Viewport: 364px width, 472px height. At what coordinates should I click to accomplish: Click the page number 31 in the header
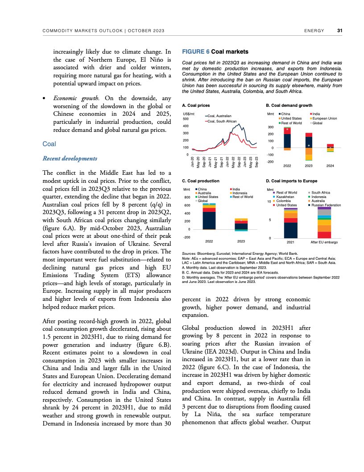click(x=339, y=31)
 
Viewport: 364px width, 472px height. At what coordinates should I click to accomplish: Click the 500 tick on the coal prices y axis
click(x=186, y=119)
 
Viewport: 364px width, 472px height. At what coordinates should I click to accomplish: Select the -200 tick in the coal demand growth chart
click(x=270, y=161)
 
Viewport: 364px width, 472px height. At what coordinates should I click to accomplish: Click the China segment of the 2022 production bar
click(x=209, y=220)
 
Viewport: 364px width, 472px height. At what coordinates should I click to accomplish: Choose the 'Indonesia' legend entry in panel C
click(x=241, y=193)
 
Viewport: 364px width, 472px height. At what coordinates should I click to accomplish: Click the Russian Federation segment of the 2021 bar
click(x=290, y=230)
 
